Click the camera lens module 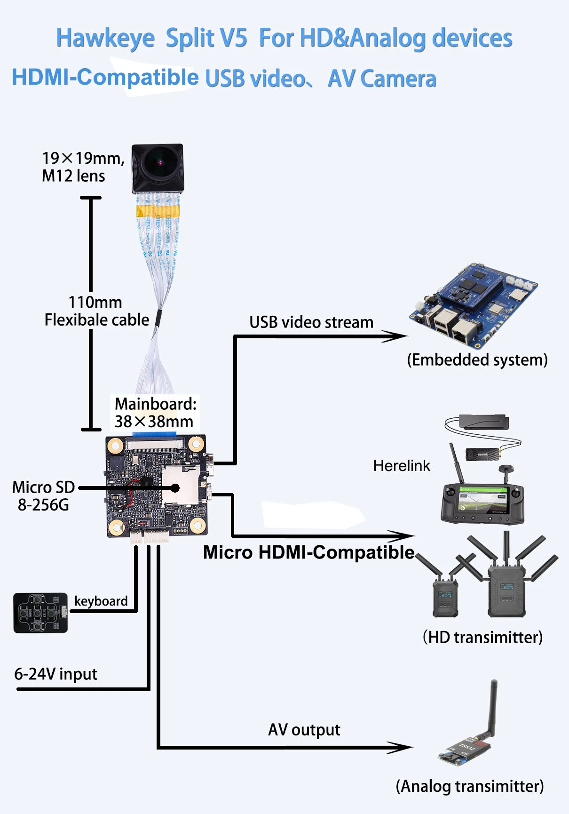158,168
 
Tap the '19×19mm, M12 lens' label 83,167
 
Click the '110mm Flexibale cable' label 96,311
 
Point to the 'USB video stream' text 311,322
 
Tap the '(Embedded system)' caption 477,360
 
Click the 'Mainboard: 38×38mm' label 155,413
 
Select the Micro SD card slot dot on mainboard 175,488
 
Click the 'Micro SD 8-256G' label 43,496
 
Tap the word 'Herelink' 401,466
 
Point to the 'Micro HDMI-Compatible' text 308,552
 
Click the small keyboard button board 40,613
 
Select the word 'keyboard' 101,601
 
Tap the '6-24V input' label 55,674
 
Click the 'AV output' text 304,730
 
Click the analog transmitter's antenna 493,708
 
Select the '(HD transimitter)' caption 482,637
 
